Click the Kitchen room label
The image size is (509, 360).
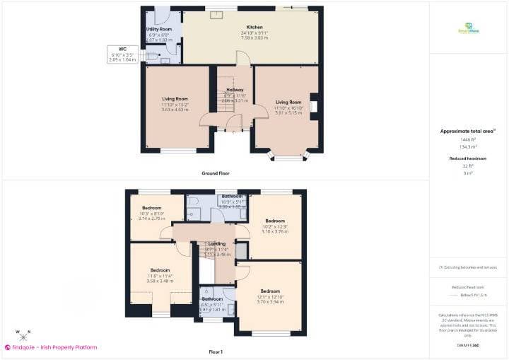(255, 26)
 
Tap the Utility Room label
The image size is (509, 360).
(159, 29)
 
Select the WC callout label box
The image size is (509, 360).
(122, 54)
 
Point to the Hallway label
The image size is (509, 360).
(235, 90)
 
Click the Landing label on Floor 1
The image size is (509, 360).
(217, 243)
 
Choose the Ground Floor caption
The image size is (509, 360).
(215, 173)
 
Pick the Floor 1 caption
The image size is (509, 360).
(215, 352)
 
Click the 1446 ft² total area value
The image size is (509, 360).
(468, 140)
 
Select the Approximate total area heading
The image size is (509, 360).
(467, 131)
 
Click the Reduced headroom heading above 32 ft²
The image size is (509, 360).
(468, 158)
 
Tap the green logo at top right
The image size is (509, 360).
(468, 28)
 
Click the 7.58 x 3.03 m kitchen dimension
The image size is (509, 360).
(255, 37)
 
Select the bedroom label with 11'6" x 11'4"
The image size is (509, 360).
(160, 270)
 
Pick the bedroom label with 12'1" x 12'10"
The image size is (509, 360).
(270, 291)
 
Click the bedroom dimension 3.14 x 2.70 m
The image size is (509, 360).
(151, 219)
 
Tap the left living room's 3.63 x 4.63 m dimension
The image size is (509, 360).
(175, 110)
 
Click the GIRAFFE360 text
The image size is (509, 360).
(468, 344)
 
